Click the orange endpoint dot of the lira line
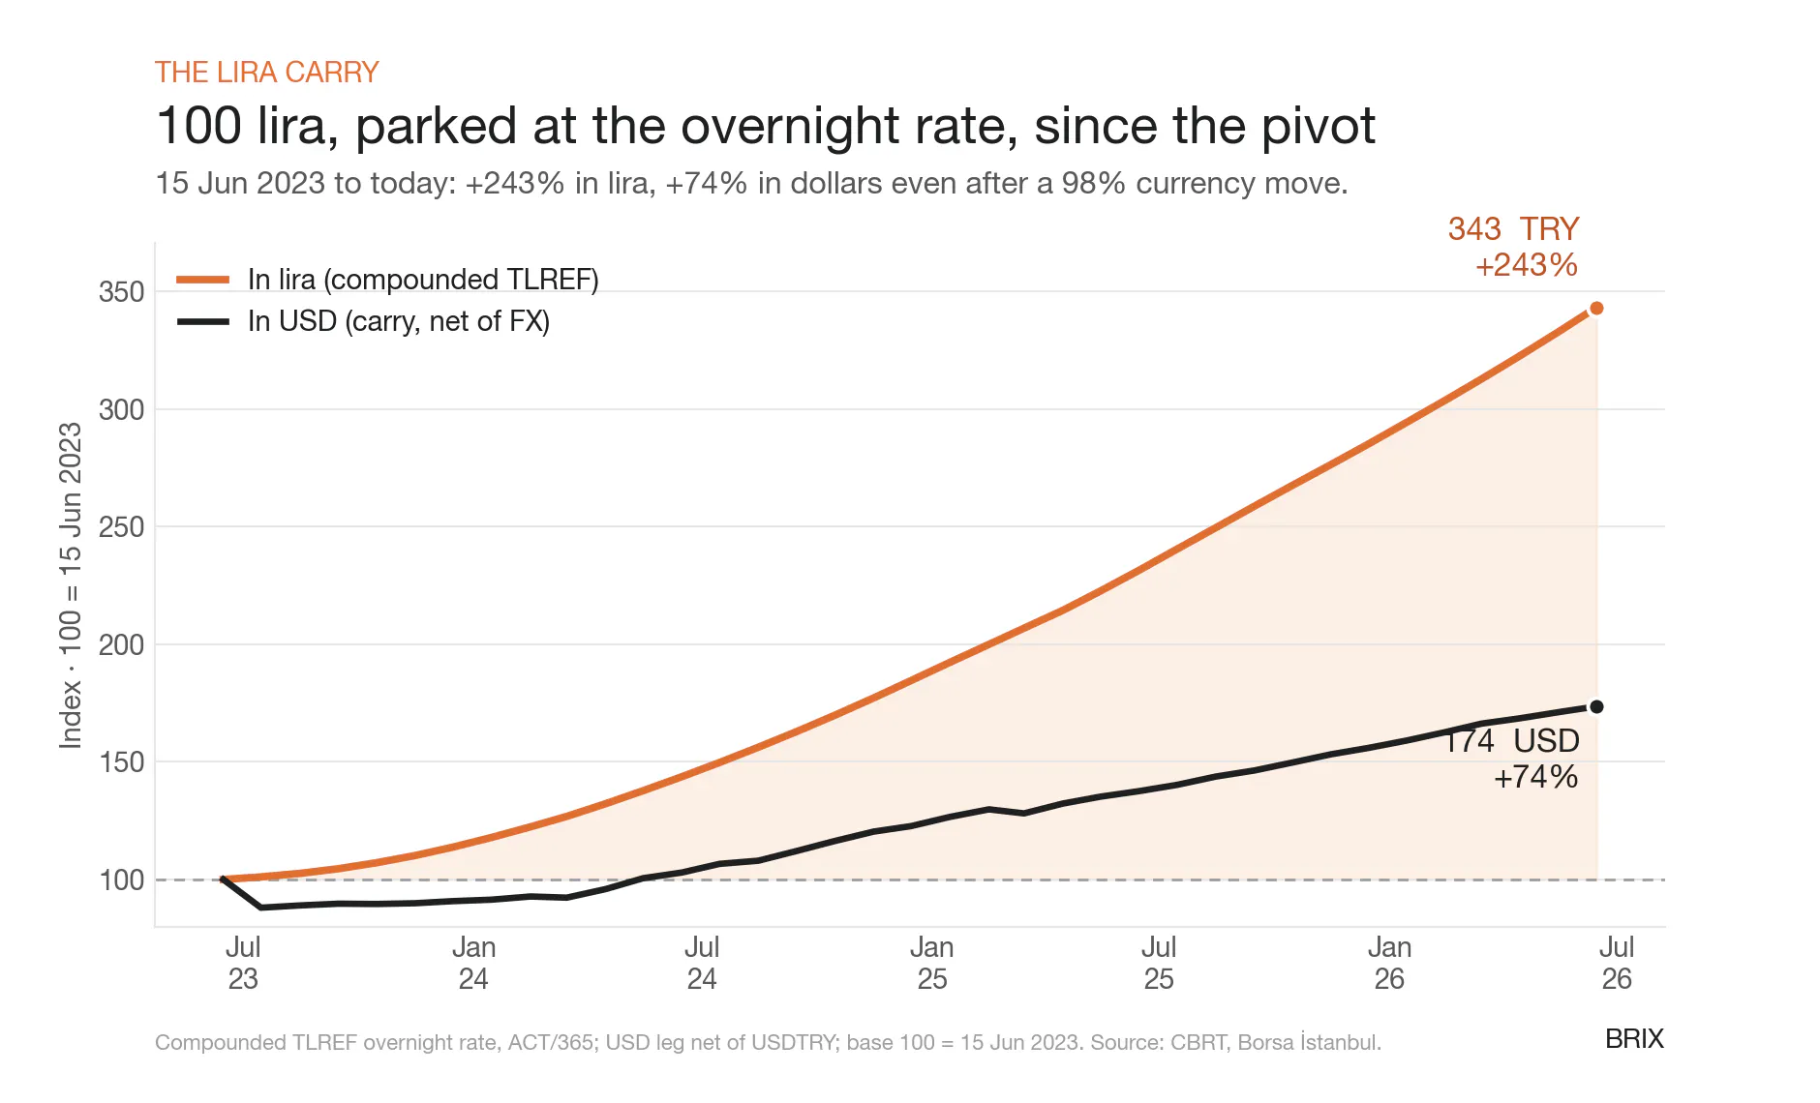pos(1596,309)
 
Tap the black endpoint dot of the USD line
pos(1596,707)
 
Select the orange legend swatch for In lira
pos(203,280)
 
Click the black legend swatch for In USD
pos(203,321)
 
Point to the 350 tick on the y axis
pos(121,292)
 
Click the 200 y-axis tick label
pos(121,645)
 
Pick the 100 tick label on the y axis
pos(121,880)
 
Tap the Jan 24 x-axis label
pos(473,963)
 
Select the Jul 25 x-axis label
pos(1159,963)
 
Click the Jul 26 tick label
pos(1617,963)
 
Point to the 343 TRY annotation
pos(1513,229)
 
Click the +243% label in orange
pos(1527,265)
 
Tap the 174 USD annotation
pos(1512,741)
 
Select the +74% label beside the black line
pos(1536,777)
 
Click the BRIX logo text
pos(1634,1039)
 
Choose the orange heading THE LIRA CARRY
pos(267,73)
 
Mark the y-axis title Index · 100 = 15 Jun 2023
pos(71,585)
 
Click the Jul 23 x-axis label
pos(243,963)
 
